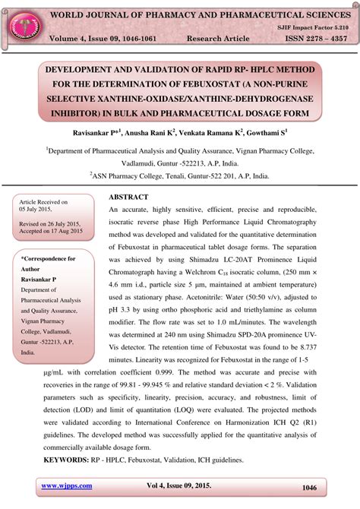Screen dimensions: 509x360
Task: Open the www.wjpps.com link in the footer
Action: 67,485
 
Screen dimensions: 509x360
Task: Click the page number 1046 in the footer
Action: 309,488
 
